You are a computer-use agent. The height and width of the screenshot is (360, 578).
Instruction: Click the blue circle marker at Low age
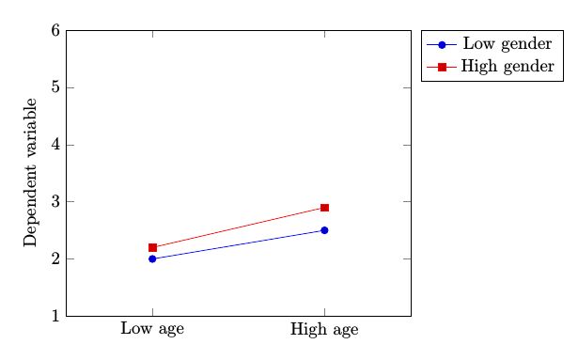tap(152, 258)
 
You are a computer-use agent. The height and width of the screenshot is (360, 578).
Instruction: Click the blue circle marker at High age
tap(324, 230)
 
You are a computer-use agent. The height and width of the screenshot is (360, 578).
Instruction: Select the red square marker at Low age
tap(152, 247)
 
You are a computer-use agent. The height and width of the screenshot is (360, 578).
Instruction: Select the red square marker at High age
tap(324, 208)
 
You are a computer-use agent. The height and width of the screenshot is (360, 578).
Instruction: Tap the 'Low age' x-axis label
tap(152, 329)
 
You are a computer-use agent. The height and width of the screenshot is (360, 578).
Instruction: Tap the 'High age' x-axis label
tap(324, 329)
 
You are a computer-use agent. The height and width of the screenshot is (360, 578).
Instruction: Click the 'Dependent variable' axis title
tap(31, 172)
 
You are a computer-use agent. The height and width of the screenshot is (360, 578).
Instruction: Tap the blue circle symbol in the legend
tap(440, 44)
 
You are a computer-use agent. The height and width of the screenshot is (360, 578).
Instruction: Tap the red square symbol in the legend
tap(440, 66)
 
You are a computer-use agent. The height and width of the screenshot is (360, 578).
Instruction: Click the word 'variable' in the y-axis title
tap(31, 133)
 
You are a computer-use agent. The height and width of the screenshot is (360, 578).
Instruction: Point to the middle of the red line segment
tap(239, 227)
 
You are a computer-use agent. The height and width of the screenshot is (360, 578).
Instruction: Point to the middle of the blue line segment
tap(239, 244)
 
